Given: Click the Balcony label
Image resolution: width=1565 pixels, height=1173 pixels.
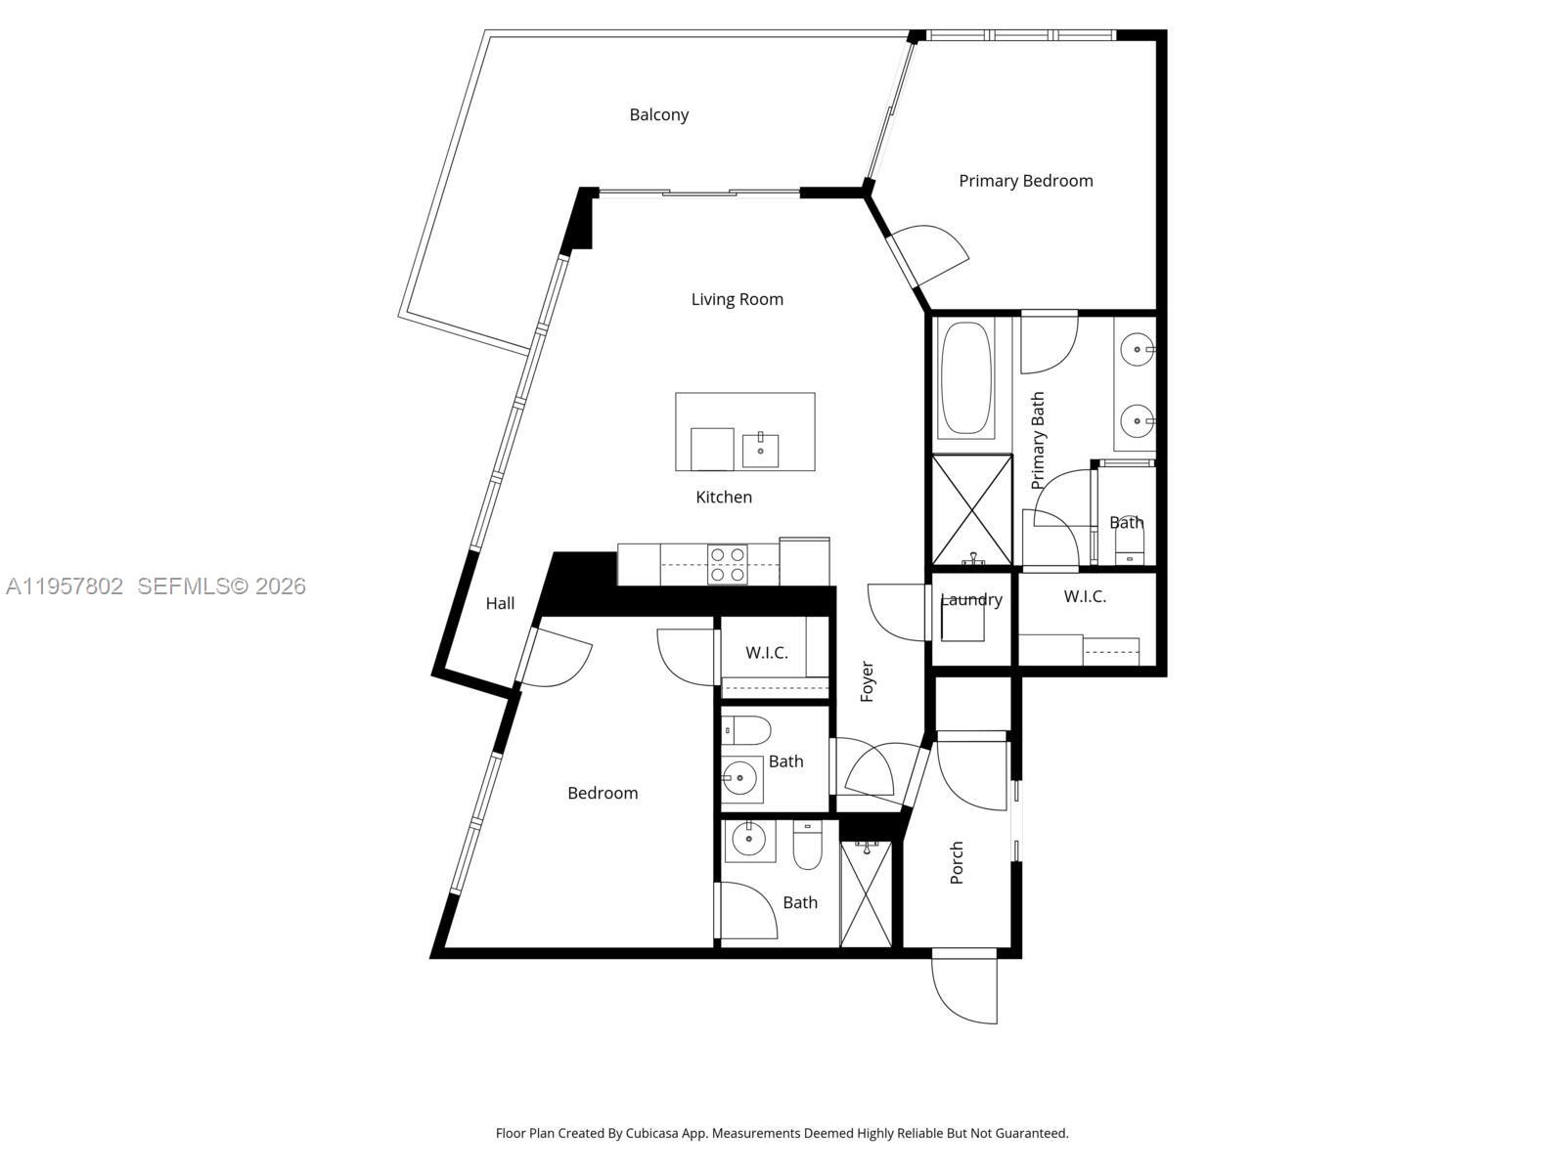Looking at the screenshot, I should pos(658,114).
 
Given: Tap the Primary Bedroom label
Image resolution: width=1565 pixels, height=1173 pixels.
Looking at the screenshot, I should pos(1025,181).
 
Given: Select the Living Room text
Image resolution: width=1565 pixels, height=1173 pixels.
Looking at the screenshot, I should pos(737,299).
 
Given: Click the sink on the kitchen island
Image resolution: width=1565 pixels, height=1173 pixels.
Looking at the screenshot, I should pos(760,451).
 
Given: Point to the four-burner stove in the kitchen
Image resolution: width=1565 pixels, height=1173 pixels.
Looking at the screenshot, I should pos(727,565).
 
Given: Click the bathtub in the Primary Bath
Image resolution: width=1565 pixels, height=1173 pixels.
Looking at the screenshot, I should pos(965,377).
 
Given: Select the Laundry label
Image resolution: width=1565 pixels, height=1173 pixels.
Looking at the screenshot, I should pos(971,599).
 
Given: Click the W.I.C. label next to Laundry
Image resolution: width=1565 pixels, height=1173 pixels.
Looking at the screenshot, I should pos(1085,596).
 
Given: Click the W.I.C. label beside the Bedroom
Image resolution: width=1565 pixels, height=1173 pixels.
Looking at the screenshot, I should pos(766,652).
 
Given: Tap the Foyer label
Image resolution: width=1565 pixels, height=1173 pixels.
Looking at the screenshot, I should pos(867,681).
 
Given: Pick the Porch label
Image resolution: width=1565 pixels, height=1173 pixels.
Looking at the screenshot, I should pos(957,862).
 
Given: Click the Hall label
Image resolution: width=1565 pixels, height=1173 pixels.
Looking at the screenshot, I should pos(500,603).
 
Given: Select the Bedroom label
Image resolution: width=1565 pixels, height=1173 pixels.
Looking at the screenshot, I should pos(603,793).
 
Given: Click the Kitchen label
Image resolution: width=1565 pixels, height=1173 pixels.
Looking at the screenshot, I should pos(724,497).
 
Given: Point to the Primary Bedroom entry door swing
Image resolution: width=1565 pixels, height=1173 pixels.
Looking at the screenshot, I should pos(934,253).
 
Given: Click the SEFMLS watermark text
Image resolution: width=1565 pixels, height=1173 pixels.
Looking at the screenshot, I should pos(221,586).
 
